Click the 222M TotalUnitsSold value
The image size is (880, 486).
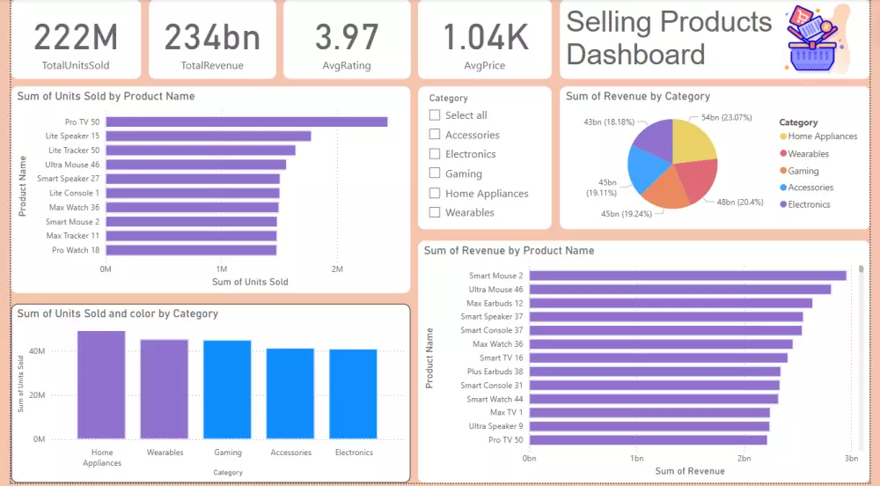76,37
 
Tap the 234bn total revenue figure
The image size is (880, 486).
212,37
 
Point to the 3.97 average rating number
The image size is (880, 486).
346,37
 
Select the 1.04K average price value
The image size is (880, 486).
485,37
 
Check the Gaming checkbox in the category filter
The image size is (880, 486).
435,173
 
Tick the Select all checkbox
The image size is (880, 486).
435,115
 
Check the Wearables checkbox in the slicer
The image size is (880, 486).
435,212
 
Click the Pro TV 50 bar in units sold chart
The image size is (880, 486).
246,121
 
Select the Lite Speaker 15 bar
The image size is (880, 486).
209,136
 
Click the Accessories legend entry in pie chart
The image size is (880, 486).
810,188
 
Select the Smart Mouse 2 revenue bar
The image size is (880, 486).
686,276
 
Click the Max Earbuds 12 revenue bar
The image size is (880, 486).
670,303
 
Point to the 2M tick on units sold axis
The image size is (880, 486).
337,269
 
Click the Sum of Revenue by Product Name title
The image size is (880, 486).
509,251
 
